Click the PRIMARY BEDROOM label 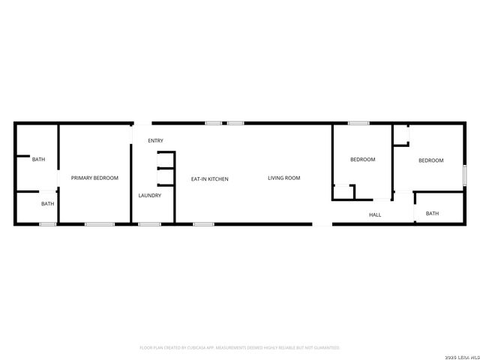tap(94, 178)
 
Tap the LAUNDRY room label tap(150, 196)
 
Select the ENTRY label tap(155, 141)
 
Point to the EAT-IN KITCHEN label tap(209, 179)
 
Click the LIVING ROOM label tap(284, 178)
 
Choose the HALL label tap(375, 215)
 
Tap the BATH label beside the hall tap(432, 214)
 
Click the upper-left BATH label tap(38, 159)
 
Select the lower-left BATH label tap(47, 204)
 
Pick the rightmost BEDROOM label tap(430, 160)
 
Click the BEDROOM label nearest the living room tap(363, 160)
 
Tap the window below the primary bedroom tap(99, 223)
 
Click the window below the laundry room tap(149, 223)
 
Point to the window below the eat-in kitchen tap(203, 223)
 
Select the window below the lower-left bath tap(47, 223)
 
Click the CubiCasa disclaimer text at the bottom tap(240, 348)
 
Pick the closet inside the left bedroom tap(343, 192)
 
